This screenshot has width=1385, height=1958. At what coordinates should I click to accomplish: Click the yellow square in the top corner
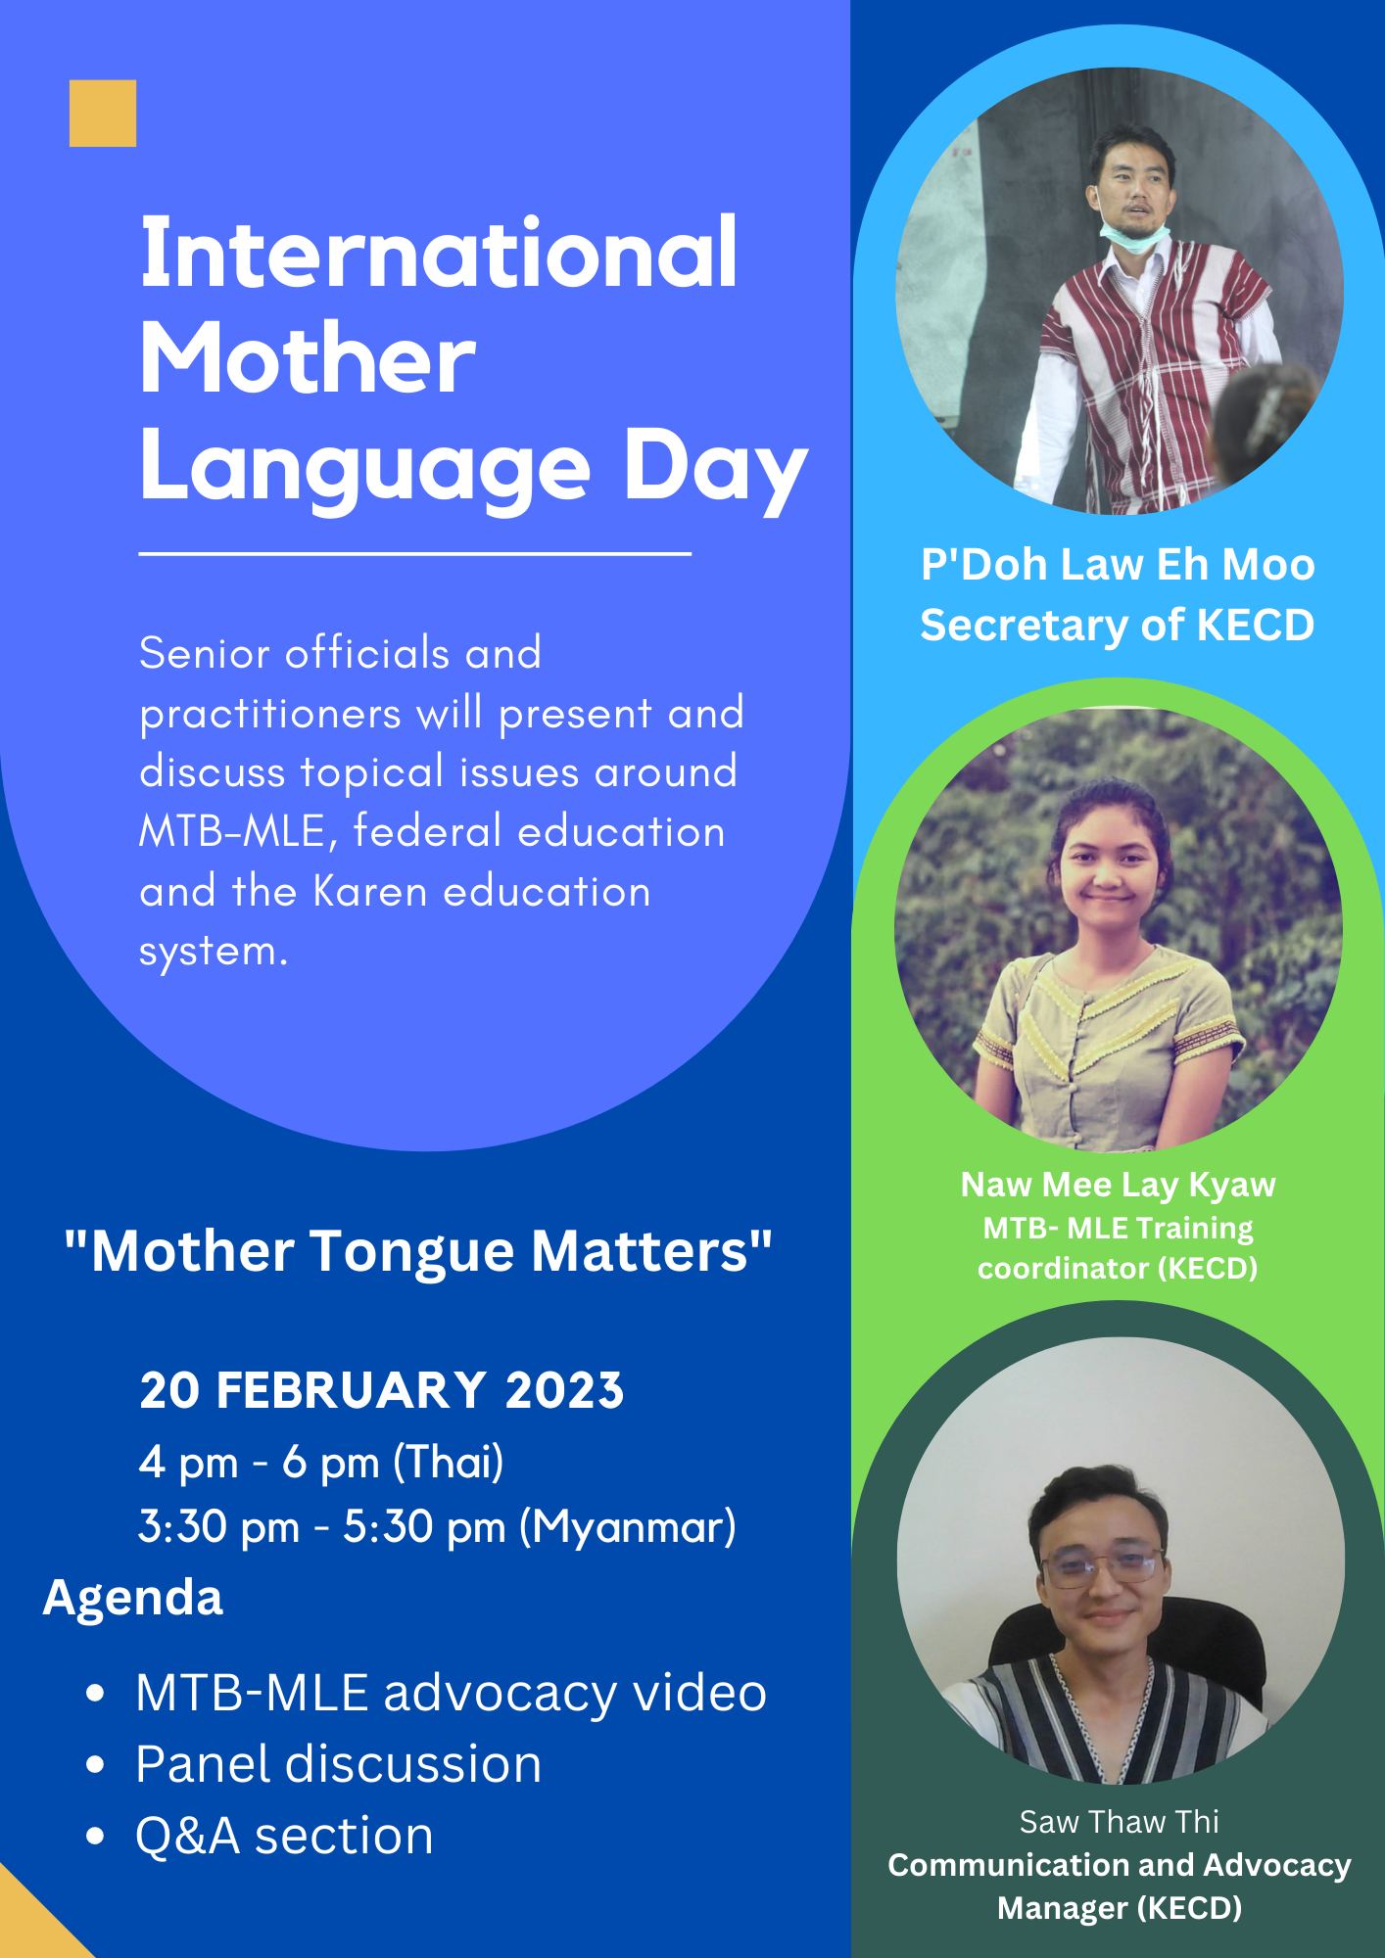[103, 114]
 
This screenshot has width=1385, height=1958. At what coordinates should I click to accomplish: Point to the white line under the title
[415, 555]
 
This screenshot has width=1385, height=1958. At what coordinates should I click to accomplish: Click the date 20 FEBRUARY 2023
[382, 1390]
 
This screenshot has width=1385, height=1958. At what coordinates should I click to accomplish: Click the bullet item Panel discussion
[338, 1763]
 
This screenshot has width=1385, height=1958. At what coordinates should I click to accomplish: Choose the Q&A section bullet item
[284, 1835]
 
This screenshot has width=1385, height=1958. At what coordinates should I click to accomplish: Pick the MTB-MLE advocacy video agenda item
[451, 1692]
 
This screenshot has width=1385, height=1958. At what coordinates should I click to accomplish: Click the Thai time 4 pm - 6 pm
[321, 1464]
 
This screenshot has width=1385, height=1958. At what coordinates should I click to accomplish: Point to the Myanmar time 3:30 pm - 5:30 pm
[437, 1528]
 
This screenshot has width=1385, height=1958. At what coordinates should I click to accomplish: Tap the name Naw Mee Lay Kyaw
[1118, 1185]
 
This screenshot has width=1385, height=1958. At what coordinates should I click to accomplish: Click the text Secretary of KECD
[1118, 626]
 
